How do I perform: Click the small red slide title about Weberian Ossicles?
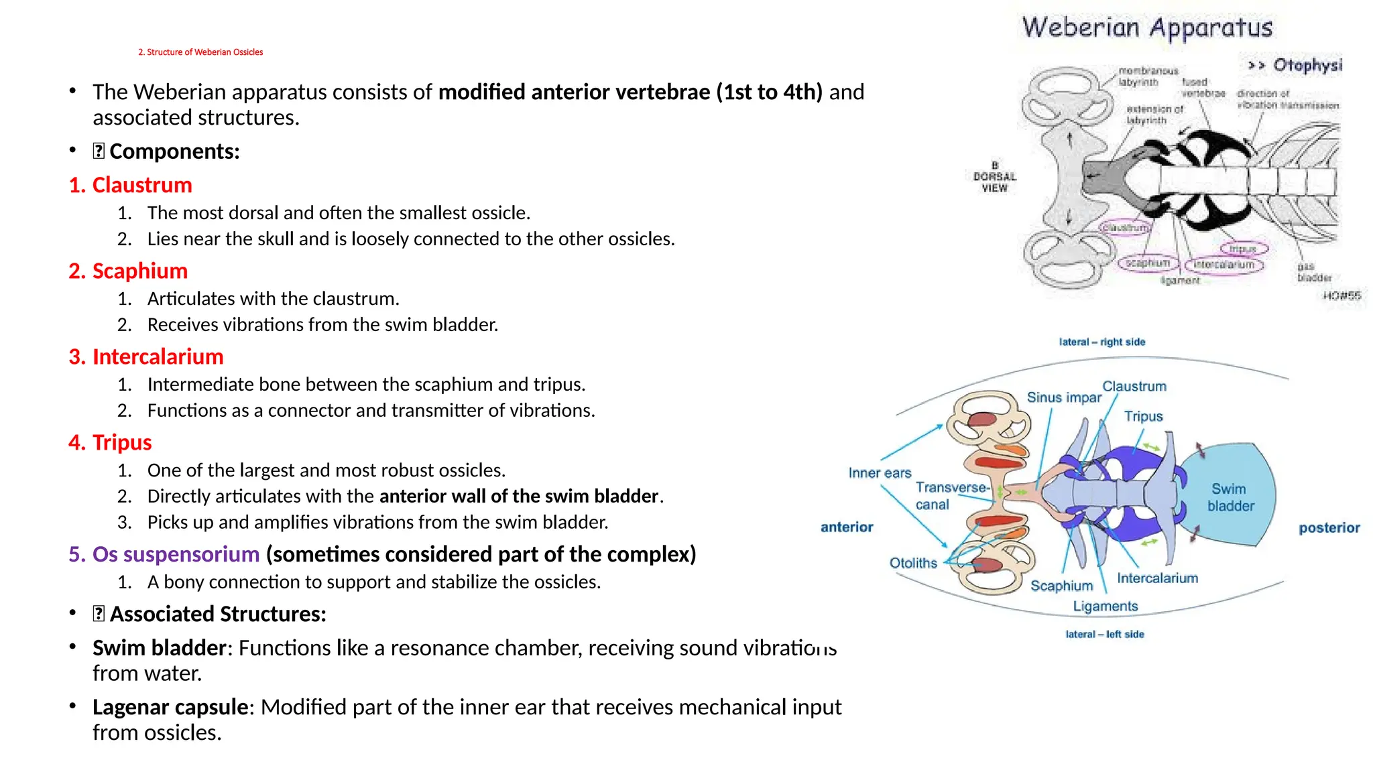tap(200, 52)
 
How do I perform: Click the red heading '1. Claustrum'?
tap(131, 185)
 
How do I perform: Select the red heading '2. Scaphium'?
tap(128, 271)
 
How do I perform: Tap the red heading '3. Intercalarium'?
tap(146, 357)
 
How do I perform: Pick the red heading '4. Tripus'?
tap(111, 442)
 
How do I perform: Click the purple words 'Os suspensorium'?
tap(176, 554)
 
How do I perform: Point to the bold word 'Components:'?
tap(174, 151)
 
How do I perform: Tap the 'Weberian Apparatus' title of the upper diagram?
tap(1147, 28)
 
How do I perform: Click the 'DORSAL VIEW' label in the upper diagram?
tap(995, 177)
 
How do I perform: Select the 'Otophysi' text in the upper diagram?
tap(1307, 65)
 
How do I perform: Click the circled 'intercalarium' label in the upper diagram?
tap(1223, 265)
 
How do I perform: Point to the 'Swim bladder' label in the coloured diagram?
tap(1230, 497)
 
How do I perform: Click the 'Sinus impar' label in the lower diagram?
tap(1064, 397)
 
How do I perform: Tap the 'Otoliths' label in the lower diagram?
tap(913, 563)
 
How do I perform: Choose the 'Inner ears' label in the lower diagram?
tap(880, 473)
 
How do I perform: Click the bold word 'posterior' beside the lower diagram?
tap(1329, 528)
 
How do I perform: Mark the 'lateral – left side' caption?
tap(1105, 634)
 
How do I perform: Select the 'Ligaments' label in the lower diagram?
tap(1106, 606)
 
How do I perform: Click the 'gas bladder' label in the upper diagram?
tap(1313, 272)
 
